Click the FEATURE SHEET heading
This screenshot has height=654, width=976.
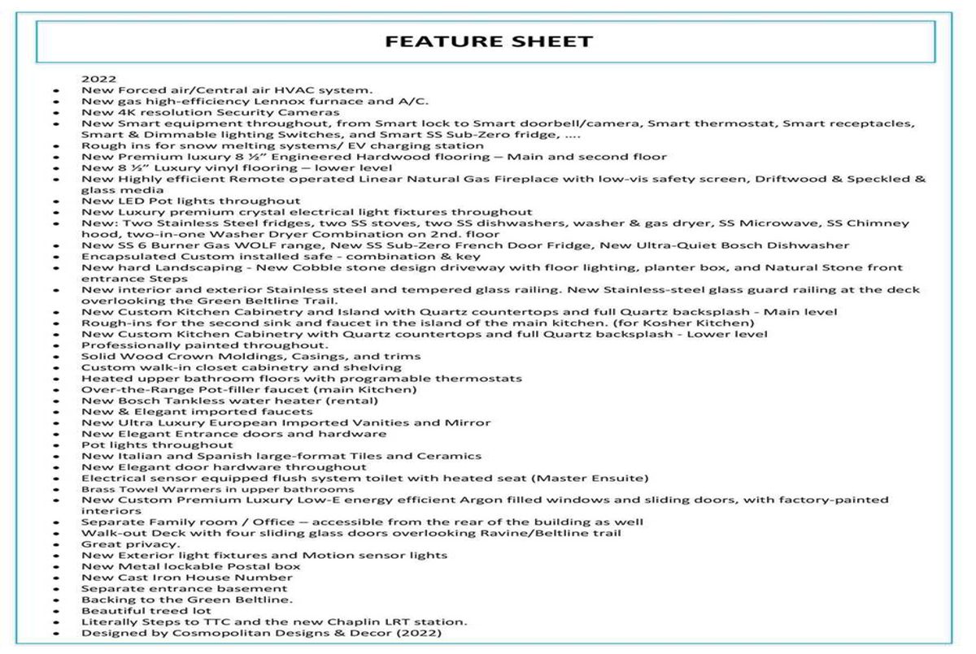tap(489, 41)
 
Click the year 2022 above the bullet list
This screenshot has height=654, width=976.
tap(98, 79)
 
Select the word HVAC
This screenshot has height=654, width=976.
tap(290, 89)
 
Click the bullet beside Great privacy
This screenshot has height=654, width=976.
tap(55, 544)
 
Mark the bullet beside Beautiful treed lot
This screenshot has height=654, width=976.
tap(55, 611)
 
